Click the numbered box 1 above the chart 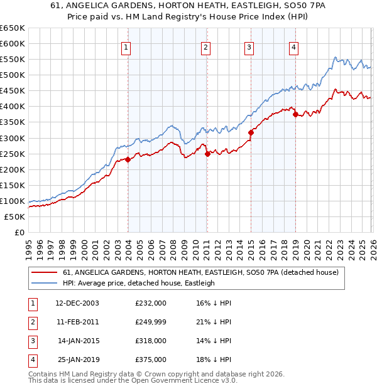tap(126, 47)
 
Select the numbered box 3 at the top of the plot tap(249, 47)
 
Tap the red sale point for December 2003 tap(128, 159)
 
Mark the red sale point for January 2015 tap(251, 132)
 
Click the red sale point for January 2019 tap(295, 114)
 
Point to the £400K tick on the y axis tap(13, 107)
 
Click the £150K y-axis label tap(13, 185)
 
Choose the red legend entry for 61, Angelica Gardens tap(200, 272)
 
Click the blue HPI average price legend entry tap(139, 284)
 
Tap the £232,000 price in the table tap(151, 303)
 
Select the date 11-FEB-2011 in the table tap(77, 322)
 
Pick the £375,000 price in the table tap(151, 360)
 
